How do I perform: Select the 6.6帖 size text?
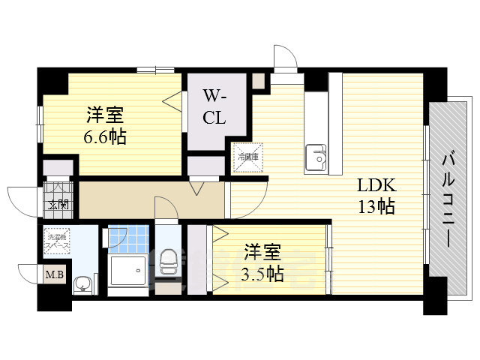click(x=105, y=137)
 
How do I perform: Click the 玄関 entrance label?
click(x=57, y=205)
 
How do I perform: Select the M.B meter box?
click(x=55, y=275)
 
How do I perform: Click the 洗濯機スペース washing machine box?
click(x=58, y=240)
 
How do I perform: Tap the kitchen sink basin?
click(x=316, y=158)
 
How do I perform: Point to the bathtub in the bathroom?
click(x=128, y=269)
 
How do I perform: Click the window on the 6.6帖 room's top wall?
click(x=156, y=70)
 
